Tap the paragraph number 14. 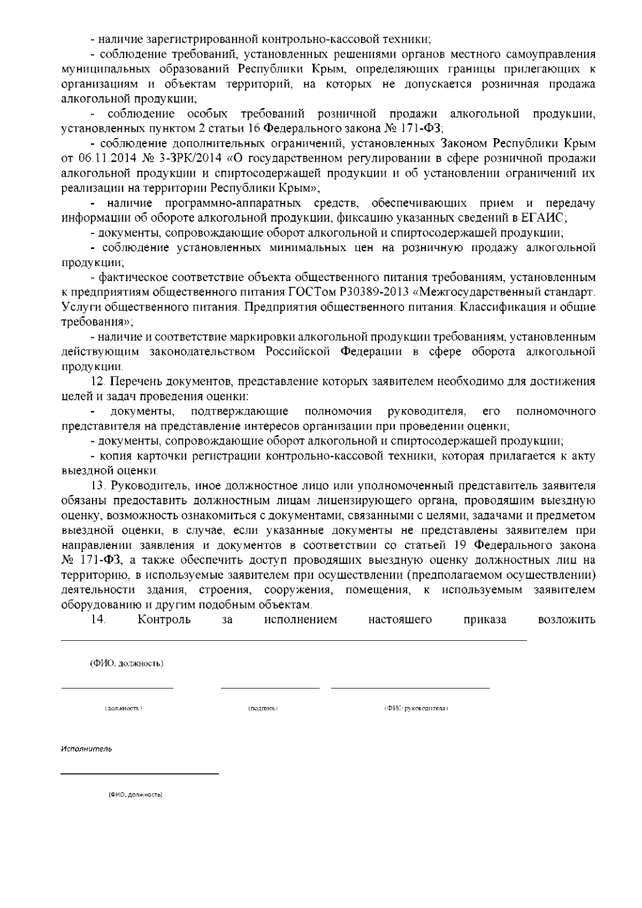pos(98,620)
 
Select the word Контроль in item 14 pos(164,620)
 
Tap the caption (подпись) pos(263,708)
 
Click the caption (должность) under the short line pos(123,708)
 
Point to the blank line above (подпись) pos(270,687)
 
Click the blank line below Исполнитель pos(140,774)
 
